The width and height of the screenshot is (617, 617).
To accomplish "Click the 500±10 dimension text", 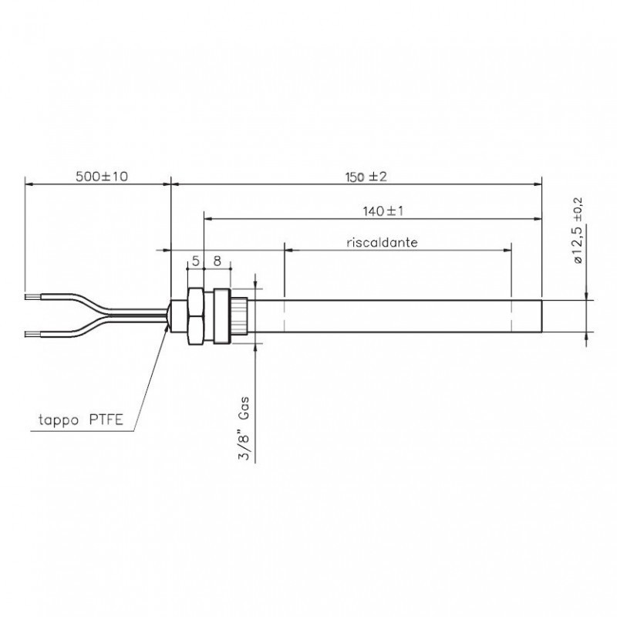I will click(x=102, y=177).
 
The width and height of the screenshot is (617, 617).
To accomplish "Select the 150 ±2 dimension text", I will click(x=365, y=177).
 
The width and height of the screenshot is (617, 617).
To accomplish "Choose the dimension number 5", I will click(x=196, y=261).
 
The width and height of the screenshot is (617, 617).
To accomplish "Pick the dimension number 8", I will click(x=217, y=261).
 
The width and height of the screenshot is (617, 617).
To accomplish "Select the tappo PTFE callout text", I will click(x=76, y=420).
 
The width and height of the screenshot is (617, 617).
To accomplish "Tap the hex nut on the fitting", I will click(x=196, y=316).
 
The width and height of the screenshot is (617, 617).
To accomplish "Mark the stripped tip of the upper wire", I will click(x=31, y=295).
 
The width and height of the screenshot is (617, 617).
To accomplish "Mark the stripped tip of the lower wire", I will click(x=31, y=335).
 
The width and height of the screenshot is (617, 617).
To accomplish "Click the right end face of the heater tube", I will click(x=541, y=316).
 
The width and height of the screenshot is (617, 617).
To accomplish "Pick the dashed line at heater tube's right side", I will click(x=512, y=316).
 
